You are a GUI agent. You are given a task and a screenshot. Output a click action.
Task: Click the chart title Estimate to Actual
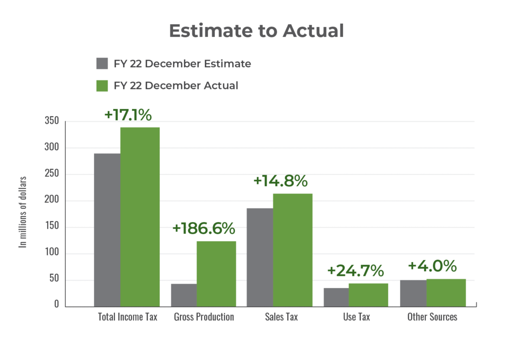256,31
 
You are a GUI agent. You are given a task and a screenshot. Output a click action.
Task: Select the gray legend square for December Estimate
102,64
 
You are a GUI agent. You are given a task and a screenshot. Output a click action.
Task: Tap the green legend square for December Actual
102,86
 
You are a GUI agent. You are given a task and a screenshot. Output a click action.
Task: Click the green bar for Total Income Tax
140,216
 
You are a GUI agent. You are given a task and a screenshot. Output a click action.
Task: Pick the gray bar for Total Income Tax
107,229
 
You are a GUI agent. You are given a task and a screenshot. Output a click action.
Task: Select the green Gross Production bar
216,274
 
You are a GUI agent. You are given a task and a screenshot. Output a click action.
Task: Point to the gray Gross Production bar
184,295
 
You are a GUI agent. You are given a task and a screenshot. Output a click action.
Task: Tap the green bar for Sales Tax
293,249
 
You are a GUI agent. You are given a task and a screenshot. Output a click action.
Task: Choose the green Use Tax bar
368,294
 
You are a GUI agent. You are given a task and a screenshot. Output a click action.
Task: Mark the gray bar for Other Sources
413,293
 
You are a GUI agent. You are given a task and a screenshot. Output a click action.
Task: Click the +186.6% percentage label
203,229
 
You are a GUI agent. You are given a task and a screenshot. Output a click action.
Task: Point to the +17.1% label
127,115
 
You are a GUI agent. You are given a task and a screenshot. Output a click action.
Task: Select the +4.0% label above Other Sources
432,265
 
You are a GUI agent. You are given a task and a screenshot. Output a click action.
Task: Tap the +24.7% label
355,271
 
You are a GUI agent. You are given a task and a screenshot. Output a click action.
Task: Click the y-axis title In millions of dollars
23,212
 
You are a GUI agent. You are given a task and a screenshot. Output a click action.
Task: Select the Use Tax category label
356,317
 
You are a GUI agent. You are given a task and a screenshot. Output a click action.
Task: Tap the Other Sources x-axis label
432,317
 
